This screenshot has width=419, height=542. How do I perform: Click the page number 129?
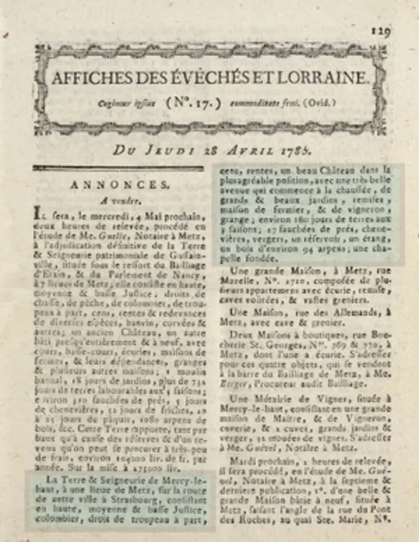[x=380, y=31]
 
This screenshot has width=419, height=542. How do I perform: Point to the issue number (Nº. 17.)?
[x=193, y=103]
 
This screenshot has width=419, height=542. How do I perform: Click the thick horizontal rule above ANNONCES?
[x=118, y=169]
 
